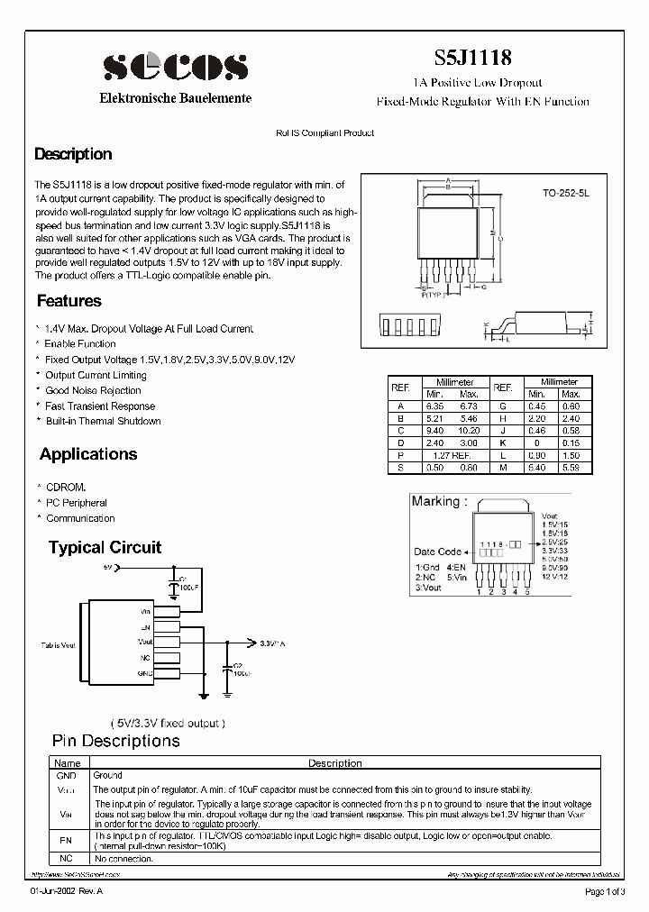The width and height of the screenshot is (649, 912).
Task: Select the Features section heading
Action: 69,301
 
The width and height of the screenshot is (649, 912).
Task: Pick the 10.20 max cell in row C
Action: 469,431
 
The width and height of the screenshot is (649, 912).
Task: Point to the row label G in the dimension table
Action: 502,406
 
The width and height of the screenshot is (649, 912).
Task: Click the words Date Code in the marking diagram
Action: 437,552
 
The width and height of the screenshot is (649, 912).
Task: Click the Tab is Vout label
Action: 58,646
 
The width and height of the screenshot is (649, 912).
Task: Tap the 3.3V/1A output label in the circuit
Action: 271,643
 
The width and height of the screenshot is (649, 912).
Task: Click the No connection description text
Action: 123,859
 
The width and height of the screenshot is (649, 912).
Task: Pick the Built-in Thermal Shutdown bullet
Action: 103,421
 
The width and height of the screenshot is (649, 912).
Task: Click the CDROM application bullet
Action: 66,488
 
